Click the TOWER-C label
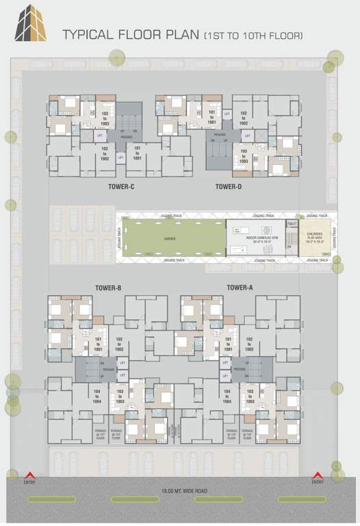pos(121,186)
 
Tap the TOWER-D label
pos(229,186)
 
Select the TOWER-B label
pos(107,288)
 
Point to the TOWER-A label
pos(240,288)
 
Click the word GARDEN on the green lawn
pos(169,239)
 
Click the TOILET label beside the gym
pos(292,223)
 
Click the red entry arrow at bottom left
pos(29,475)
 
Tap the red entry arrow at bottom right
pos(317,475)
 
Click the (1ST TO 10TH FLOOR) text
pos(253,34)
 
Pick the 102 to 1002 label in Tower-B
pos(119,344)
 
